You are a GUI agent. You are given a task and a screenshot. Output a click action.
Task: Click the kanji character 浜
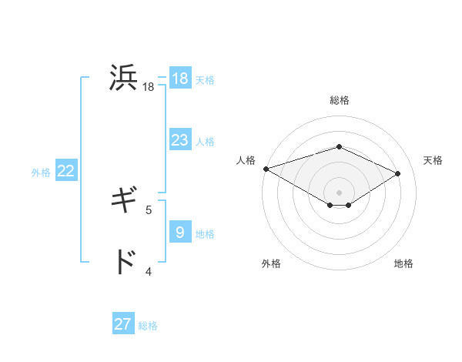pos(124,79)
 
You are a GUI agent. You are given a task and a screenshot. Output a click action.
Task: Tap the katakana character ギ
pos(124,202)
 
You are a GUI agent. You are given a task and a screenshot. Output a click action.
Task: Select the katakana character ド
pos(124,263)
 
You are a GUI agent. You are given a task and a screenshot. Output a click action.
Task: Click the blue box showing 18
pos(180,79)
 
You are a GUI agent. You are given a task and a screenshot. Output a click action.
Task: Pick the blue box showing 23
pos(180,140)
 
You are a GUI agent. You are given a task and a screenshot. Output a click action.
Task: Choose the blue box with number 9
pos(180,233)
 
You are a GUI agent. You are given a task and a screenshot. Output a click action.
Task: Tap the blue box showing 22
pos(65,171)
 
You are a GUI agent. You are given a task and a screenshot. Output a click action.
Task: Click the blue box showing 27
pos(123,324)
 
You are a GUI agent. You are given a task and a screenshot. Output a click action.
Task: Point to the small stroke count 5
pos(149,209)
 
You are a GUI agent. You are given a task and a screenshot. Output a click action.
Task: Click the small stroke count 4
pos(149,270)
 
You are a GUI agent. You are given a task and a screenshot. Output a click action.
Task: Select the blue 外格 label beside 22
pos(41,173)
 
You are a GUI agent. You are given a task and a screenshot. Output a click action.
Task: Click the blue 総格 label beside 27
pos(148,326)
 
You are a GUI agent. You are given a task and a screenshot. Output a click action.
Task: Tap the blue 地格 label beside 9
pos(205,234)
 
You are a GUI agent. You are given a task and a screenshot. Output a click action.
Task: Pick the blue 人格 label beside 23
pos(205,142)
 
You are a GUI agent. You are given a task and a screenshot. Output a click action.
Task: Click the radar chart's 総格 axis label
pos(339,100)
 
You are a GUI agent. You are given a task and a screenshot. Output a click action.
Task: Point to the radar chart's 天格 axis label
pos(434,160)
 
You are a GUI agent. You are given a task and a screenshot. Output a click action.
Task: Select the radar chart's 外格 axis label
pos(270,263)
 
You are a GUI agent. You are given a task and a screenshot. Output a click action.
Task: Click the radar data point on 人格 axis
pos(266,168)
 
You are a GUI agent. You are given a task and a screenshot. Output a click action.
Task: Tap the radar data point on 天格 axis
pos(398,173)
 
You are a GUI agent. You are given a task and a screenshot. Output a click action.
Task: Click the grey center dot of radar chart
pos(339,192)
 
